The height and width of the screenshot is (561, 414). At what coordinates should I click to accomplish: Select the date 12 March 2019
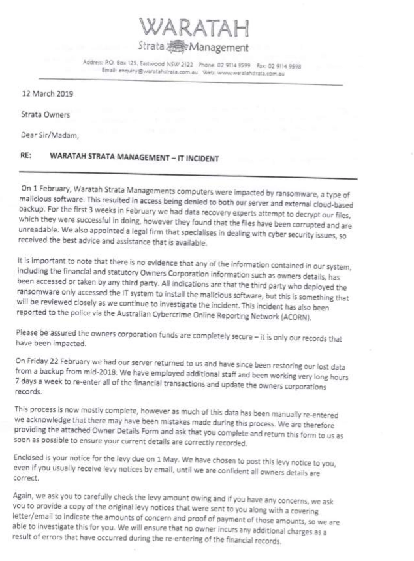(x=48, y=93)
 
